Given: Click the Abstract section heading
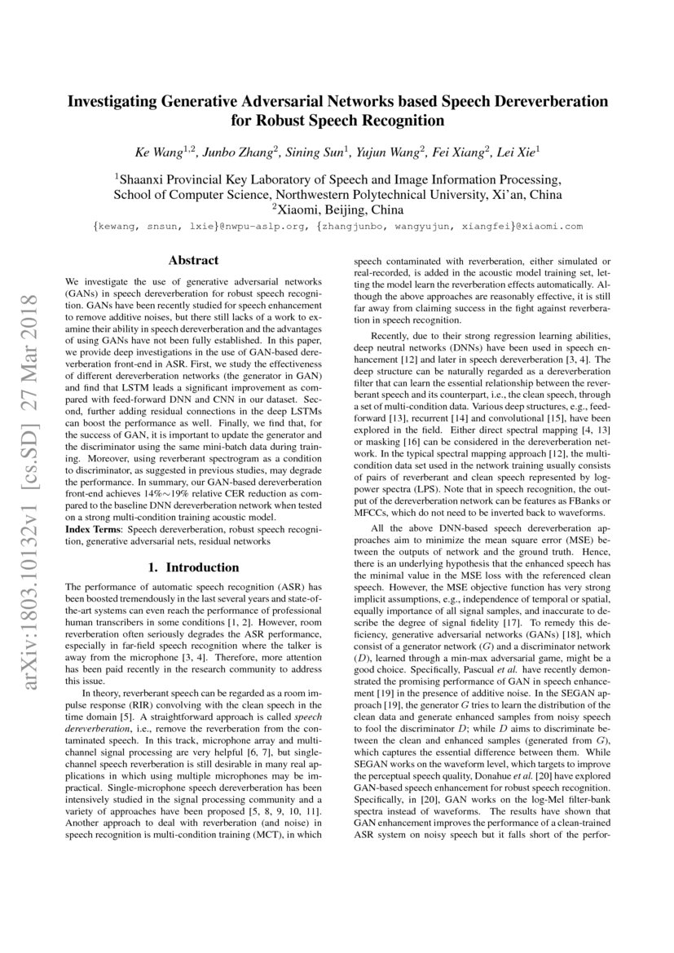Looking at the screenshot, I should pyautogui.click(x=193, y=261).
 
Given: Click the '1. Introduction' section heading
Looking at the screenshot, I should pyautogui.click(x=193, y=567).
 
